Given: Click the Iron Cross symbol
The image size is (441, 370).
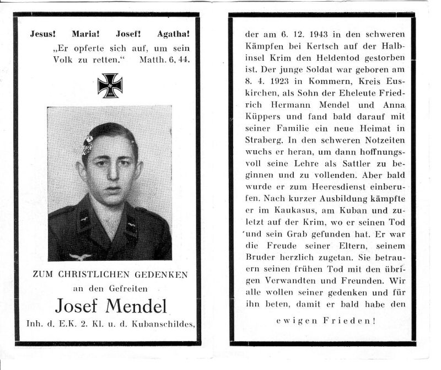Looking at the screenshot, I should click(x=109, y=86).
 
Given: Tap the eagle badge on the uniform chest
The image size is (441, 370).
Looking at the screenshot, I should click(x=80, y=256).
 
